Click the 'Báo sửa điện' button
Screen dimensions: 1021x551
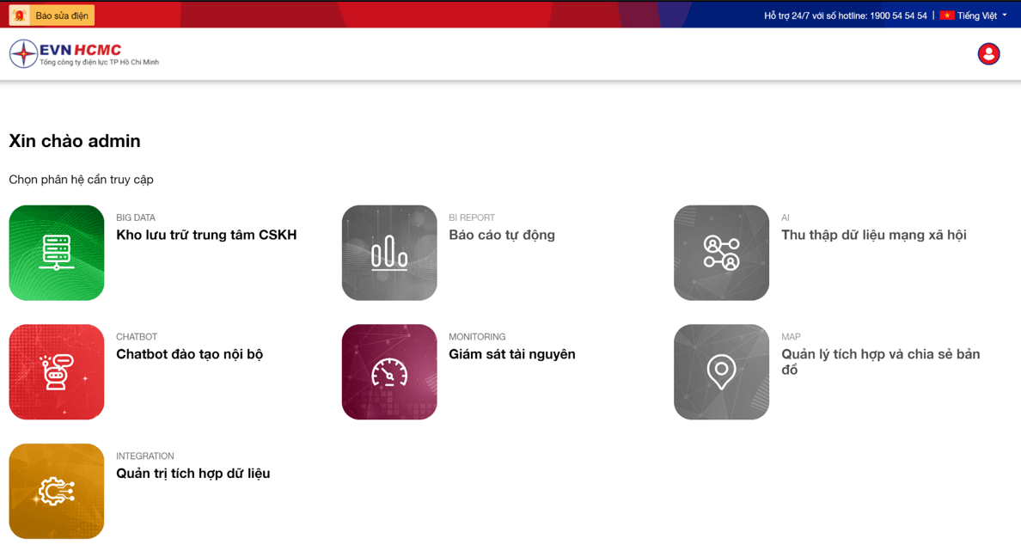click(x=52, y=15)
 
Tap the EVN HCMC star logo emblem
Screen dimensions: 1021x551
click(x=23, y=53)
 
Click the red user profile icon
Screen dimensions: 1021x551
click(x=988, y=53)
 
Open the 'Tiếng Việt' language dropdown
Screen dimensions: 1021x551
click(x=974, y=15)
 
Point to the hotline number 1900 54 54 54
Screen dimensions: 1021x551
click(x=898, y=15)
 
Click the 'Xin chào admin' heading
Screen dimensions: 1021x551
click(x=75, y=141)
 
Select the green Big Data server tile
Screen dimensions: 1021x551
click(x=57, y=253)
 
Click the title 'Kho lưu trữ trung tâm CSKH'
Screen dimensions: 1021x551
click(x=206, y=235)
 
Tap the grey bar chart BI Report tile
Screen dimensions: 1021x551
click(x=389, y=253)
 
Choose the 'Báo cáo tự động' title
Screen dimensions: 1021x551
click(x=501, y=236)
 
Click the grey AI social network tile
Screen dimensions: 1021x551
click(x=721, y=253)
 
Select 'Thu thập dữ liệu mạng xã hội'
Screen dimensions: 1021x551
click(x=874, y=236)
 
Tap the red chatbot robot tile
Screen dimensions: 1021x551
click(x=57, y=372)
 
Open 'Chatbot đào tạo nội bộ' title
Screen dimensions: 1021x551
click(x=189, y=354)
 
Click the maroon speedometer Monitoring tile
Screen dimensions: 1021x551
click(x=389, y=372)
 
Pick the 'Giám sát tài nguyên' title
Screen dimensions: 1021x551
click(x=512, y=354)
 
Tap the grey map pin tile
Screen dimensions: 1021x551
click(x=721, y=372)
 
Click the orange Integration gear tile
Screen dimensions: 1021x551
click(x=57, y=491)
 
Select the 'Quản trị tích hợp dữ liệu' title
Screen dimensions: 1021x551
click(x=193, y=474)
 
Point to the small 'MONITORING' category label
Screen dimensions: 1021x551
click(x=477, y=337)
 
